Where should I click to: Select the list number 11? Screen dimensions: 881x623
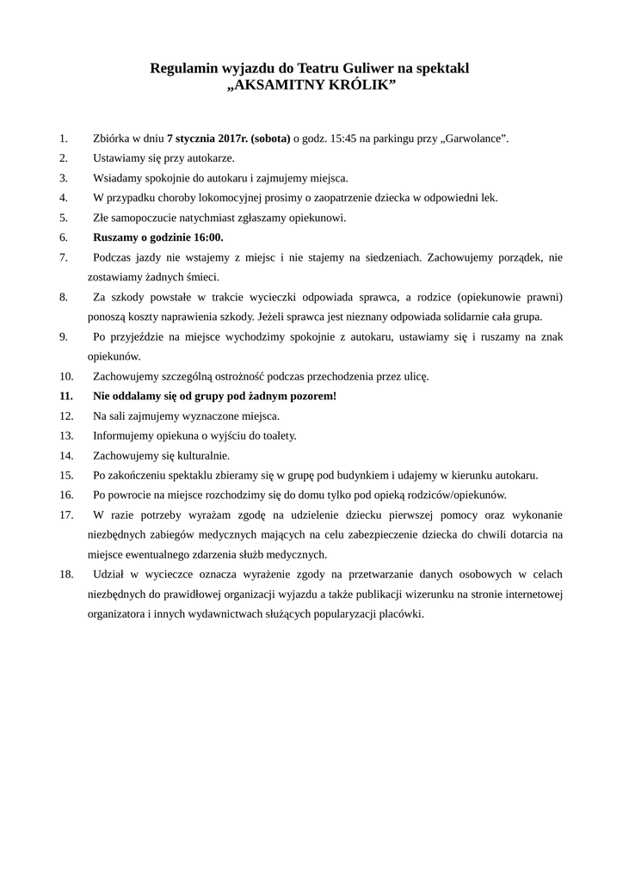66,396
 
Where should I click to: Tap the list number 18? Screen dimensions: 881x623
66,574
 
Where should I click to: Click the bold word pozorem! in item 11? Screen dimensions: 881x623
314,396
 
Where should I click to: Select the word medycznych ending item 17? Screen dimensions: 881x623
296,554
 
